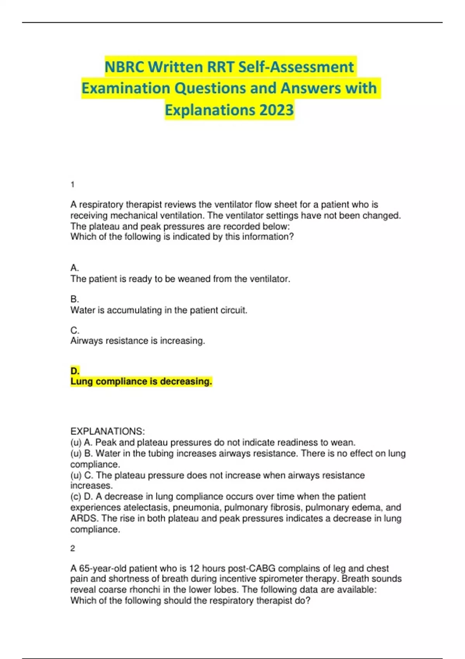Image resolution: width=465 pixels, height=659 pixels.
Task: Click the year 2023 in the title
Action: [x=276, y=110]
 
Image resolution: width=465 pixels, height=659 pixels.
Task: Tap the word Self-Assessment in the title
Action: [x=296, y=67]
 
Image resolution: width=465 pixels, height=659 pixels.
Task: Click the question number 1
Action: [x=72, y=185]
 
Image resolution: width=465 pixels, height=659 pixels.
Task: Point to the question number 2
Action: [x=72, y=549]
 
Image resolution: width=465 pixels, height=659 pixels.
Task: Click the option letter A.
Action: [x=74, y=268]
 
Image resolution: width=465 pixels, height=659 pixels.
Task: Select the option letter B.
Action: [x=74, y=299]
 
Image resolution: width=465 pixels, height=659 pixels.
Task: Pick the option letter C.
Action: [x=75, y=331]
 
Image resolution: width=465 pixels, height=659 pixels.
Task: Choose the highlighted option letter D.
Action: [x=75, y=371]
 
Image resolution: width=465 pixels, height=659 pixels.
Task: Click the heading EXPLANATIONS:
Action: [x=107, y=431]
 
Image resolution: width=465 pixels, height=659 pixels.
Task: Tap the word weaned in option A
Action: [x=193, y=279]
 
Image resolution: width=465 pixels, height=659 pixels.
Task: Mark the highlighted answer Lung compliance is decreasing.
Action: [x=141, y=381]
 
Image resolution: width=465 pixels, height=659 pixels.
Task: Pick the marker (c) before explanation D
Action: [x=76, y=497]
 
